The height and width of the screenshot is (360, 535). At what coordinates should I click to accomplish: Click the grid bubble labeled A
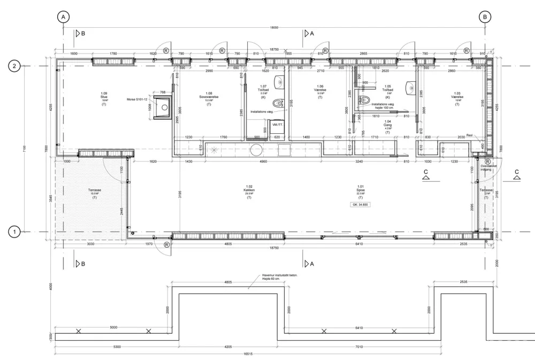(64, 17)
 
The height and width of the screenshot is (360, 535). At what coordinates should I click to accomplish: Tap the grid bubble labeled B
(485, 17)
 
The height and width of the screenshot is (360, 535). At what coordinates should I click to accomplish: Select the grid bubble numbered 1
(16, 232)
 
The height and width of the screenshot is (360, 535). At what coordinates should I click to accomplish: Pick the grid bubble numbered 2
(16, 66)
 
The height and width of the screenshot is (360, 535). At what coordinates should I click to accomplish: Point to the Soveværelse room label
(209, 96)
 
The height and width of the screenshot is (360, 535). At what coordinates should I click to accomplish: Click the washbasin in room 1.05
(411, 87)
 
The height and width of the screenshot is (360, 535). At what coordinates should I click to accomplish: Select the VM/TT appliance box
(277, 124)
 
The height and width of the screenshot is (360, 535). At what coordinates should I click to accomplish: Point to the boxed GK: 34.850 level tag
(361, 205)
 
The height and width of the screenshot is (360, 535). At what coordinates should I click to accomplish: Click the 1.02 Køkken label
(249, 190)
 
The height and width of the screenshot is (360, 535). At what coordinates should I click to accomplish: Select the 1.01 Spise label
(361, 190)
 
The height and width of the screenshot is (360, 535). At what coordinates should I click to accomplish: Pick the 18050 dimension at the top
(274, 28)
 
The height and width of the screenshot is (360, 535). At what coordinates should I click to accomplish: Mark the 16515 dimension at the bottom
(274, 354)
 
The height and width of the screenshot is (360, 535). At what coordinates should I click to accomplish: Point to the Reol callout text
(469, 135)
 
